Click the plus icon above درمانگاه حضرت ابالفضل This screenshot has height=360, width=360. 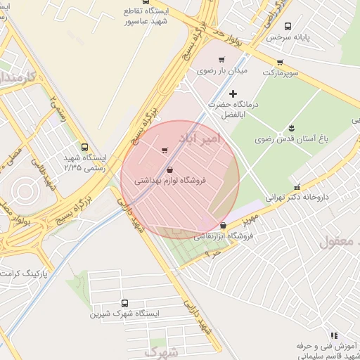[233, 94]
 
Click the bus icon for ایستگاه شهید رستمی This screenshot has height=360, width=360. [85, 148]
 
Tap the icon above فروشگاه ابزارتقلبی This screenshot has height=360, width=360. [223, 226]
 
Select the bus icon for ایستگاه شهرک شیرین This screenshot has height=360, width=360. [124, 302]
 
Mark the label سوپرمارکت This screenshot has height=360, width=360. [281, 72]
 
